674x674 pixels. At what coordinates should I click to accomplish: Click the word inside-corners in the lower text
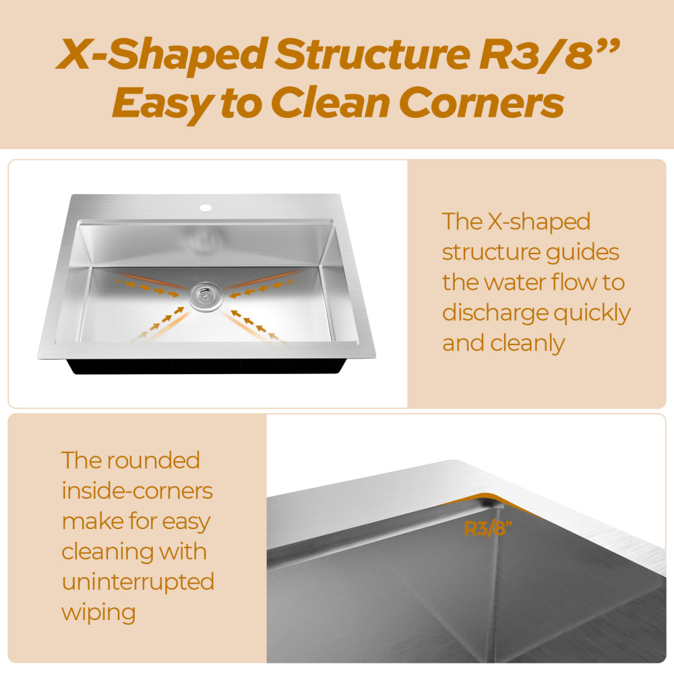[137, 491]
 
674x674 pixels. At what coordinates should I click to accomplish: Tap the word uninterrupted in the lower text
[137, 582]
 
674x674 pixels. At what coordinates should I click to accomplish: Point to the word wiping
[98, 613]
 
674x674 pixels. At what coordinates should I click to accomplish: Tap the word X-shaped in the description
[529, 221]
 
